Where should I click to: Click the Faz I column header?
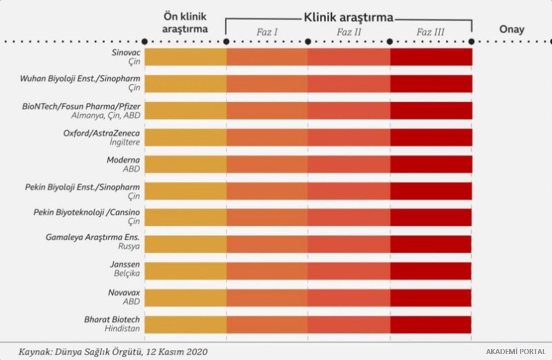(267, 32)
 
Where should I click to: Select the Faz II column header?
(349, 32)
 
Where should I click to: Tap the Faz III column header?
(431, 32)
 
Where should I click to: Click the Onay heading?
(512, 29)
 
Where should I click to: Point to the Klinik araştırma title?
(348, 17)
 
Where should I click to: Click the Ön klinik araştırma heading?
(185, 23)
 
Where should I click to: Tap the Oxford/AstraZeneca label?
(102, 133)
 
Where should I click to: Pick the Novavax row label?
(124, 292)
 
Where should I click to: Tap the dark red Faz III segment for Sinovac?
(431, 57)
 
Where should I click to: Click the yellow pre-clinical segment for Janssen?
(185, 271)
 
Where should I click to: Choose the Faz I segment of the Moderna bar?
(267, 164)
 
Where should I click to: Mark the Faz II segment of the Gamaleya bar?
(349, 244)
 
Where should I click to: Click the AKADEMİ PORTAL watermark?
(516, 351)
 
